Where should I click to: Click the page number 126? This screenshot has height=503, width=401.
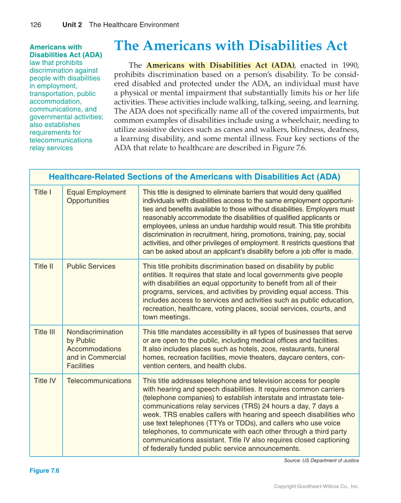point(35,24)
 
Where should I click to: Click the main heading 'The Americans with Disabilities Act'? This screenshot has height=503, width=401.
point(231,46)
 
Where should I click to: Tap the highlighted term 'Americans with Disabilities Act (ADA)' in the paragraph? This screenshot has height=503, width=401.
point(221,65)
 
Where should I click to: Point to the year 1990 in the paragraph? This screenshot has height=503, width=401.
point(349,65)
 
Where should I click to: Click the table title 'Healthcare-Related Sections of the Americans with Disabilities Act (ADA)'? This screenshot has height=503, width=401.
point(194,177)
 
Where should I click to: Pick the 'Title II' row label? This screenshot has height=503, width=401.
point(44,266)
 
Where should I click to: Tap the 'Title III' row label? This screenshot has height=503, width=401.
point(45,332)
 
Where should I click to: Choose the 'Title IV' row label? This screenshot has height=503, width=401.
point(45,381)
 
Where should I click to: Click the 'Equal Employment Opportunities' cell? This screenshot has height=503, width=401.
point(96,196)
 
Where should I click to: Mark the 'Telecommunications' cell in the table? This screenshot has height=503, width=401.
point(99,381)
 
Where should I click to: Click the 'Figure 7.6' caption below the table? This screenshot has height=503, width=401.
point(45,471)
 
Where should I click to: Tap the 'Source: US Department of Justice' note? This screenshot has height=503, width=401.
point(321,460)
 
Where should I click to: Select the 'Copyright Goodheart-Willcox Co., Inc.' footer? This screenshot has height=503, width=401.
point(316,486)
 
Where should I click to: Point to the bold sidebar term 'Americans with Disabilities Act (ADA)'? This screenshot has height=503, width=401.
point(66,51)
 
